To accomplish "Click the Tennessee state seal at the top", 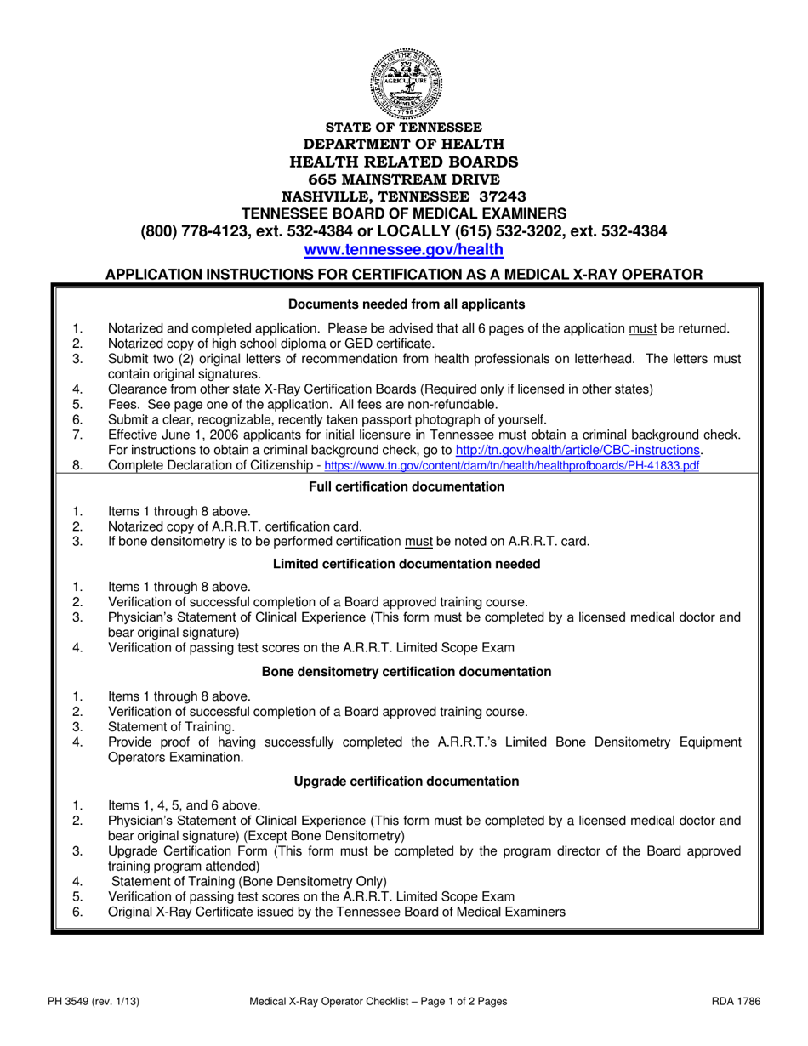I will coord(405,82).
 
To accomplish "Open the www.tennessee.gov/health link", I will coord(404,249).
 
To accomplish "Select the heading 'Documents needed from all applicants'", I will coord(406,304).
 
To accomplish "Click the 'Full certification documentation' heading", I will coord(406,486).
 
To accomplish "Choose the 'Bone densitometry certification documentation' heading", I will coord(406,671).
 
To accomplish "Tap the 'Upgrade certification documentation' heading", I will coord(406,780).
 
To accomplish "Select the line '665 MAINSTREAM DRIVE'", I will coord(404,179).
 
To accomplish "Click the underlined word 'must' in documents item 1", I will coord(641,328).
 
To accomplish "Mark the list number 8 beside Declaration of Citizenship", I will coord(77,465).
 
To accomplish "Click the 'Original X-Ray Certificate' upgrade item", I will coord(336,912).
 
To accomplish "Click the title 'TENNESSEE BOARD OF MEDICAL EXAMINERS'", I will coord(404,212).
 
